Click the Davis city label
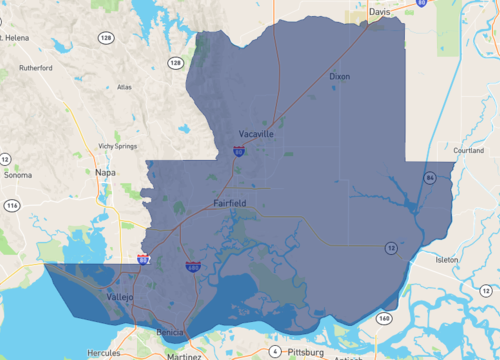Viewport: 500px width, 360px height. coord(379,13)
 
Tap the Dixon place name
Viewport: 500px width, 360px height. coord(340,76)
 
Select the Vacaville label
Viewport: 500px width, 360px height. coord(256,133)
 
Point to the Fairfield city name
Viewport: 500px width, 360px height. coord(230,203)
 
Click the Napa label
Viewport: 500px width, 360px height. coord(105,172)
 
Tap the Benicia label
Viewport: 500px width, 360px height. coord(172,331)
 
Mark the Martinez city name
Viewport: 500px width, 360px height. coord(184,355)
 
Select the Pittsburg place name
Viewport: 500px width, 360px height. coord(305,352)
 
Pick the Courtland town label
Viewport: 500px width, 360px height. coord(468,151)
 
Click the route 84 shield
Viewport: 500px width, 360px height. coord(429,177)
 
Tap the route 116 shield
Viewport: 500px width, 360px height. coord(12,205)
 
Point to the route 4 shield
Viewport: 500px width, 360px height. coord(274,351)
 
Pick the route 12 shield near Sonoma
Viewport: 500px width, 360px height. coord(6,159)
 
